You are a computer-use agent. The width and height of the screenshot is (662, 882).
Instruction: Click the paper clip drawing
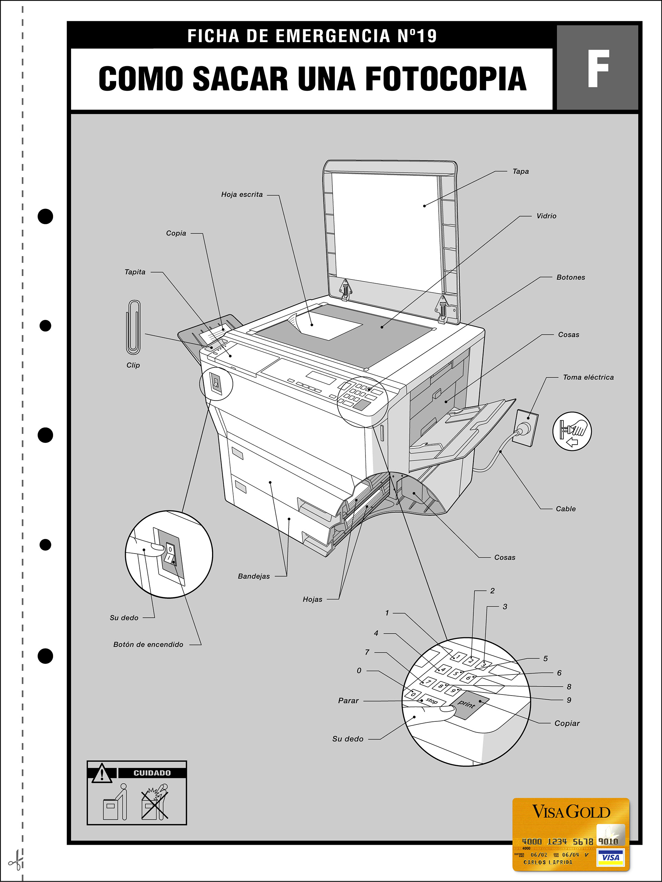point(133,327)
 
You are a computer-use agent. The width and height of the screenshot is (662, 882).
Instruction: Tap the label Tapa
point(520,171)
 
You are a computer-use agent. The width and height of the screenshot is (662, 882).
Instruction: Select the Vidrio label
point(546,216)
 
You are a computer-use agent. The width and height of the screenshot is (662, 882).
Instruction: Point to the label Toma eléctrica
point(588,377)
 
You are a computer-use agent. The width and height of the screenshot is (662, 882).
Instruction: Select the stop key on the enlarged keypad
point(431,701)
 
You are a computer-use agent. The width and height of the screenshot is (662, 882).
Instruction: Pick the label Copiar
point(567,723)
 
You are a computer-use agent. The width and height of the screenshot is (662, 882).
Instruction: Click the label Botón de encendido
point(148,645)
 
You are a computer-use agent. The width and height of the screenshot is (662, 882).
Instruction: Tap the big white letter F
point(598,69)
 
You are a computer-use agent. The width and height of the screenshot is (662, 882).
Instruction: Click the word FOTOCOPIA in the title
point(446,79)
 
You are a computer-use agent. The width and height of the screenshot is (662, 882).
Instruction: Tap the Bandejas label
point(254,576)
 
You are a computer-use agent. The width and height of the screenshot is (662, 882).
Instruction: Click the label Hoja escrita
point(242,195)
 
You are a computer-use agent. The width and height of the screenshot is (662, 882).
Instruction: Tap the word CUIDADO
point(152,773)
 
